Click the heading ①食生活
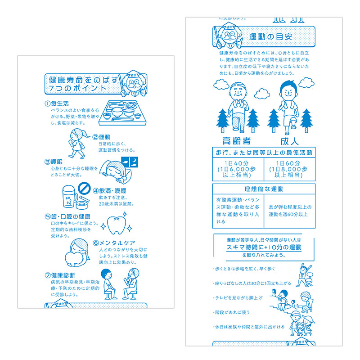[x=57, y=103]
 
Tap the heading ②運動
[x=102, y=137]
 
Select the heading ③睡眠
[x=53, y=161]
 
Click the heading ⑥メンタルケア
[x=114, y=243]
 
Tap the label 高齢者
[x=235, y=140]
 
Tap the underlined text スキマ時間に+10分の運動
[x=264, y=247]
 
